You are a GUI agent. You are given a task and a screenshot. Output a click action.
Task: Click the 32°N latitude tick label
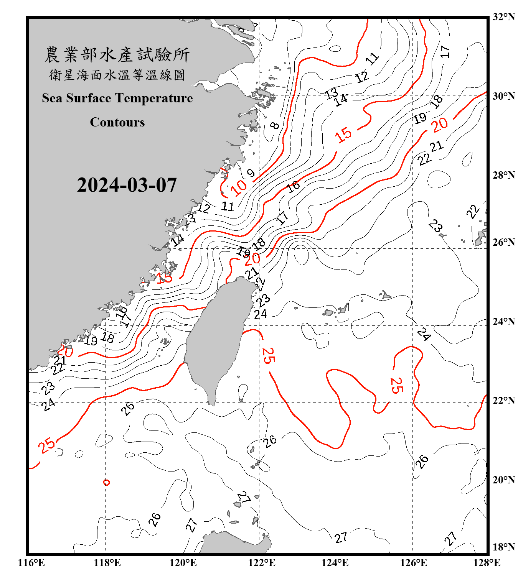pyautogui.click(x=503, y=17)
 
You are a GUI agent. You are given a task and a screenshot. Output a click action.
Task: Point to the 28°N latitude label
pyautogui.click(x=503, y=175)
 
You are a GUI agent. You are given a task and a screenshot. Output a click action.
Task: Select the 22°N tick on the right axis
pyautogui.click(x=503, y=401)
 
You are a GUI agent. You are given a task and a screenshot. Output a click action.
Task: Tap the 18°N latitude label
pyautogui.click(x=503, y=547)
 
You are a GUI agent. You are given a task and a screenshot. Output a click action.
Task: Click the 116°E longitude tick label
pyautogui.click(x=31, y=563)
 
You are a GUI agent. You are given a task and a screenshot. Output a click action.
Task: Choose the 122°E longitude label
pyautogui.click(x=262, y=563)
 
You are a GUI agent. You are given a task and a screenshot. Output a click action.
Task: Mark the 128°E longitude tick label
pyautogui.click(x=487, y=563)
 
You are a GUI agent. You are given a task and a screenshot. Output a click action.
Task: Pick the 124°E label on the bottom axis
pyautogui.click(x=335, y=563)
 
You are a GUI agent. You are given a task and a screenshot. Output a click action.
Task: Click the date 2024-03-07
pyautogui.click(x=127, y=185)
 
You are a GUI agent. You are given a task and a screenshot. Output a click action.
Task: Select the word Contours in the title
pyautogui.click(x=117, y=122)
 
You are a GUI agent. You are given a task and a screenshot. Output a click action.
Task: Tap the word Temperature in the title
pyautogui.click(x=153, y=98)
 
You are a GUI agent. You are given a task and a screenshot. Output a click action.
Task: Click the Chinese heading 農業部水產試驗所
pyautogui.click(x=117, y=55)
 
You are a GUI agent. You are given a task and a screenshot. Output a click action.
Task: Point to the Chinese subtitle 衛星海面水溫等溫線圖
pyautogui.click(x=117, y=75)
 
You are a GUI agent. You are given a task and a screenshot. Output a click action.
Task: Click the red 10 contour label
pyautogui.click(x=239, y=187)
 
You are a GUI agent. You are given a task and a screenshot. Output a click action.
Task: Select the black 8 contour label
pyautogui.click(x=275, y=125)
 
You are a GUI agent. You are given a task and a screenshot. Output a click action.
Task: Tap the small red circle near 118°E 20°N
pyautogui.click(x=107, y=482)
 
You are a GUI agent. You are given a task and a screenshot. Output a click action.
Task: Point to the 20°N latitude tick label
pyautogui.click(x=503, y=480)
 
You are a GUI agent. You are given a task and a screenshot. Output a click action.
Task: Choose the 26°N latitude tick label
pyautogui.click(x=503, y=242)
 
